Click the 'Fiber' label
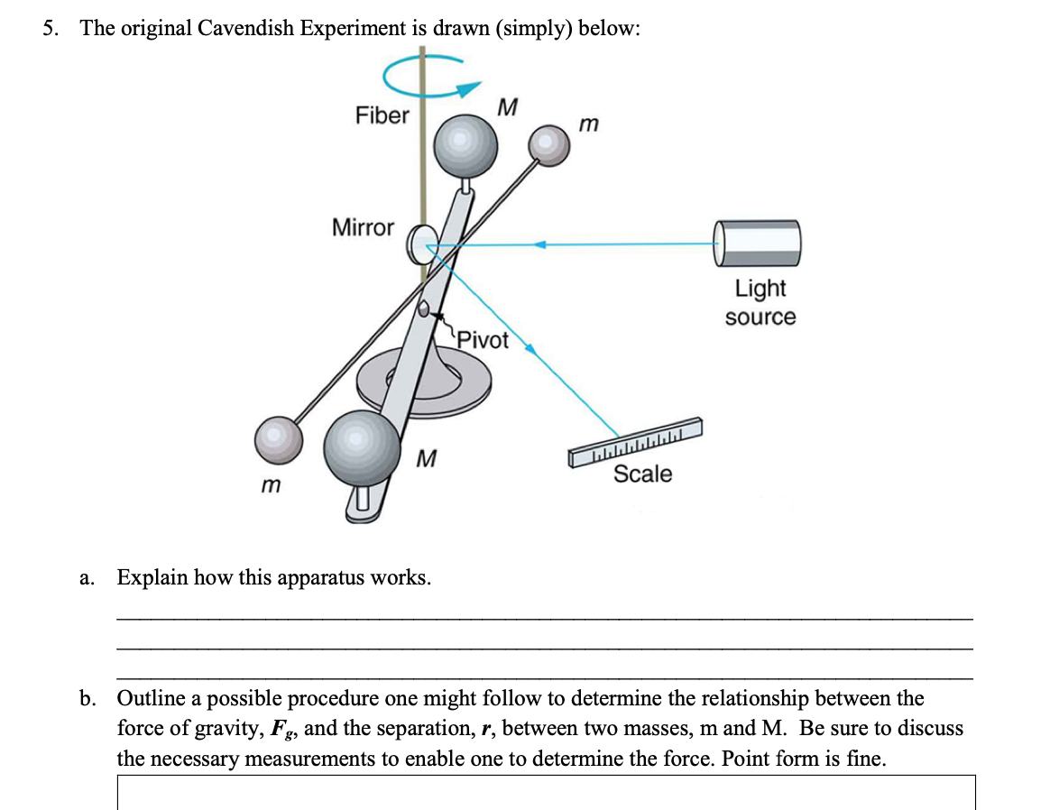(382, 115)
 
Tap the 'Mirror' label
(363, 227)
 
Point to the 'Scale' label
(642, 474)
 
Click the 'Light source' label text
(760, 302)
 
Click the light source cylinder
(758, 243)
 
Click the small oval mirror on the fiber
(421, 244)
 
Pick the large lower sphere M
(362, 442)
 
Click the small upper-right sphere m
(548, 144)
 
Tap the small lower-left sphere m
(277, 439)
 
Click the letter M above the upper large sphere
(507, 107)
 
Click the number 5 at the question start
(50, 28)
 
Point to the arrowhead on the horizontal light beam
(539, 244)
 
